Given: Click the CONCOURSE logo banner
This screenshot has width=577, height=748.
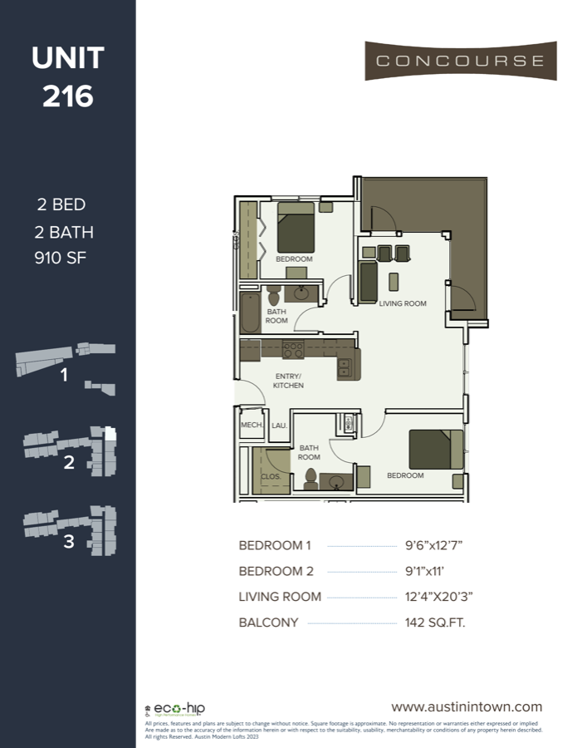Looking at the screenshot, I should click(460, 61).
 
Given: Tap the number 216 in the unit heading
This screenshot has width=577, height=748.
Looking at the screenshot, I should click(67, 96).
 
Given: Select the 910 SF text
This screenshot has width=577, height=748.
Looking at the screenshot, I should click(61, 257).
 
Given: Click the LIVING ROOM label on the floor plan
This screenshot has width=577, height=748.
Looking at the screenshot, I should click(403, 304).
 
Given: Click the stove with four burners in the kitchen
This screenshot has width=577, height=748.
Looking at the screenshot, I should click(292, 349).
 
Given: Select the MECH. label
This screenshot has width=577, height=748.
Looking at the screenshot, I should click(251, 425).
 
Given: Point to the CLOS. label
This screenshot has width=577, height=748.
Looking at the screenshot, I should click(270, 477).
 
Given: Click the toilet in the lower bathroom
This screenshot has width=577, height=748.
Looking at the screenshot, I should click(311, 478).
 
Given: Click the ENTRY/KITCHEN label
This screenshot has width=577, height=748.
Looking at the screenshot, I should click(289, 381).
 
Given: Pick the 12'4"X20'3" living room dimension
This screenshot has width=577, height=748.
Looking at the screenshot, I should click(439, 597).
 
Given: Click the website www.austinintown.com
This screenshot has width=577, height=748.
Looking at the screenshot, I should click(466, 706).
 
